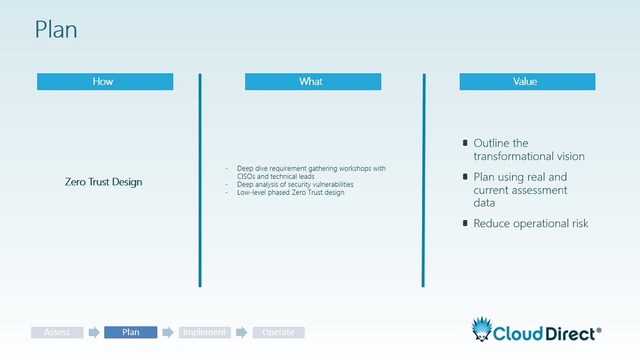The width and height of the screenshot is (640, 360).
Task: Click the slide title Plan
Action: click(x=56, y=29)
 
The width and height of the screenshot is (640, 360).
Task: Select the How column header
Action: click(x=105, y=81)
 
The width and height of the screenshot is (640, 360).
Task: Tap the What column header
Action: click(x=313, y=81)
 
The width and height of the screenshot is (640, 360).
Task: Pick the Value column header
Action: click(x=527, y=81)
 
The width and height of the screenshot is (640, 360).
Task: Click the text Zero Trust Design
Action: click(x=103, y=182)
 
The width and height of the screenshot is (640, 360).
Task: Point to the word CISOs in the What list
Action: click(x=246, y=176)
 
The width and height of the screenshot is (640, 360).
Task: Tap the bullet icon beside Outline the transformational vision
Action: click(x=465, y=142)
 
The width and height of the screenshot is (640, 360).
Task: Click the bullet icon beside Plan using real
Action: click(x=465, y=176)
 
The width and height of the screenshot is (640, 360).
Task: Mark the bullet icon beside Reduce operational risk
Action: click(x=465, y=223)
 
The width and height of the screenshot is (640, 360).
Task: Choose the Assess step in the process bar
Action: click(x=57, y=332)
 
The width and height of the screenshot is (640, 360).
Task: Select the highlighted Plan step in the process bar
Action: click(x=130, y=332)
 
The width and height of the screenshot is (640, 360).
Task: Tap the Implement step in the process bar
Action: click(x=204, y=332)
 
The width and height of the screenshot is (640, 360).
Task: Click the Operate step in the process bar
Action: click(x=278, y=332)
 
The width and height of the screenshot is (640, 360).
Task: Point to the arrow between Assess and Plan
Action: click(x=94, y=332)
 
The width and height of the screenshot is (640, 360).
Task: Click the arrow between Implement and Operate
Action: click(x=241, y=332)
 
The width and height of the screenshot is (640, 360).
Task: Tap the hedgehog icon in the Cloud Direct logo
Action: click(x=482, y=329)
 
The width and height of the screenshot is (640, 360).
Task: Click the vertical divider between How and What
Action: click(x=200, y=180)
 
